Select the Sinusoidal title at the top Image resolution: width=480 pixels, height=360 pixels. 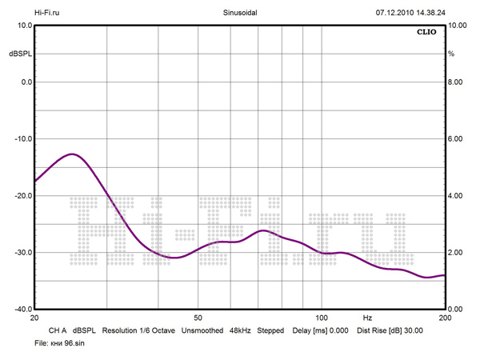tap(239, 13)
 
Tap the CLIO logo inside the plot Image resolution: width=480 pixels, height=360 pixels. tap(426, 34)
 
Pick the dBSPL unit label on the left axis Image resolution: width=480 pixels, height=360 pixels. tap(19, 54)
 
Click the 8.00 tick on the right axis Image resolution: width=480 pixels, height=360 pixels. tap(454, 82)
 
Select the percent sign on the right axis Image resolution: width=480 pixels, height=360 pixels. tap(451, 54)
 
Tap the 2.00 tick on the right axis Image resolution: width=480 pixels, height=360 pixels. tap(454, 253)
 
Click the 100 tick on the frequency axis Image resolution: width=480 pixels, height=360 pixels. tap(322, 318)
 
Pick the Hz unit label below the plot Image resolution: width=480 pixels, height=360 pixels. tap(367, 318)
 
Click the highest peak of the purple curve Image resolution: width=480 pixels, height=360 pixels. tap(72, 154)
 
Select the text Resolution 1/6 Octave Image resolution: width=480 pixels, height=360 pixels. tap(138, 330)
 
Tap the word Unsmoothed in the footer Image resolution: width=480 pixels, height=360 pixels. tap(202, 330)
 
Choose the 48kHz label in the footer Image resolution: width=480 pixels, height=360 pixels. tap(240, 330)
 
